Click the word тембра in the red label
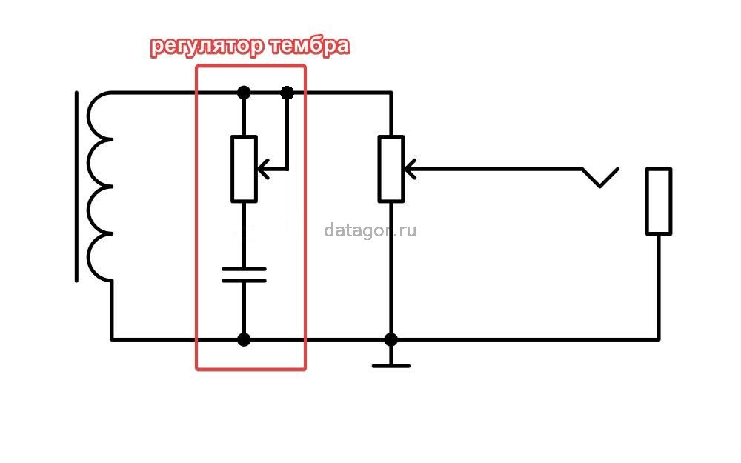(310, 46)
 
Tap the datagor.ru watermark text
(370, 230)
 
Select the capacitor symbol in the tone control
(244, 275)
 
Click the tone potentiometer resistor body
(244, 169)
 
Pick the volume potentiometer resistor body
(391, 169)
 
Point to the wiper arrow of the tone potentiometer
(264, 169)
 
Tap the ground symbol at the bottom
(391, 366)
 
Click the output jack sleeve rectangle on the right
(659, 201)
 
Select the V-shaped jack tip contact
(600, 178)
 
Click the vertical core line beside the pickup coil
(76, 187)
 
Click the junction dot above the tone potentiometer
(244, 93)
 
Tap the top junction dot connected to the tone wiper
(287, 93)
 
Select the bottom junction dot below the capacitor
(244, 339)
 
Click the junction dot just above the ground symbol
(391, 339)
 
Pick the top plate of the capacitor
(244, 270)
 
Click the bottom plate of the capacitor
(244, 281)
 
